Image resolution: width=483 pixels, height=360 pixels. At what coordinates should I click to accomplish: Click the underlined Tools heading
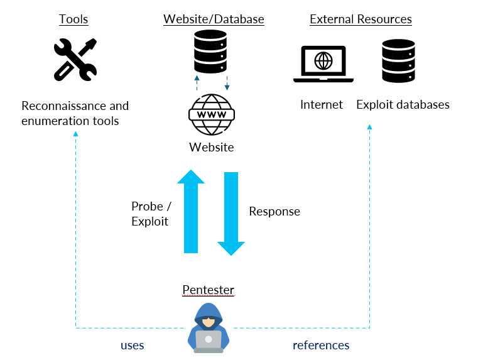pyautogui.click(x=73, y=19)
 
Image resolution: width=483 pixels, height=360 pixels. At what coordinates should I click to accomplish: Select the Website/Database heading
pyautogui.click(x=214, y=19)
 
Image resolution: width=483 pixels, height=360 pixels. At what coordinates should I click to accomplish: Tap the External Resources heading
pyautogui.click(x=361, y=19)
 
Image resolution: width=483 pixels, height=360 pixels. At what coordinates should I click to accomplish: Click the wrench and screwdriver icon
pyautogui.click(x=75, y=59)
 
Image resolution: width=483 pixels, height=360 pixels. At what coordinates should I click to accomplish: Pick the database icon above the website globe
pyautogui.click(x=210, y=52)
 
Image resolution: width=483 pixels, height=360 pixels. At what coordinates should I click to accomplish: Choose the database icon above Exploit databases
pyautogui.click(x=398, y=60)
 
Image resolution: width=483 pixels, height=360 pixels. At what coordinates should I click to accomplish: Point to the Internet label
pyautogui.click(x=322, y=104)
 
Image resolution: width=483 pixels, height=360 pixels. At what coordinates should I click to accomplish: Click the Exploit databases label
pyautogui.click(x=403, y=104)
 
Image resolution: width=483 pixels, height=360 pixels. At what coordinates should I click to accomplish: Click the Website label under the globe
pyautogui.click(x=212, y=148)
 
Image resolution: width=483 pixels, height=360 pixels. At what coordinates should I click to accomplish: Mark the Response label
pyautogui.click(x=274, y=211)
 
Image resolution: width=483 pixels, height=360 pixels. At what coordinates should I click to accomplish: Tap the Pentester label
pyautogui.click(x=208, y=290)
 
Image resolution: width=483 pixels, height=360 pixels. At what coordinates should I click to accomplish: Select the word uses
pyautogui.click(x=132, y=345)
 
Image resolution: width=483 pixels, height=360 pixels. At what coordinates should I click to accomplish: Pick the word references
pyautogui.click(x=321, y=345)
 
